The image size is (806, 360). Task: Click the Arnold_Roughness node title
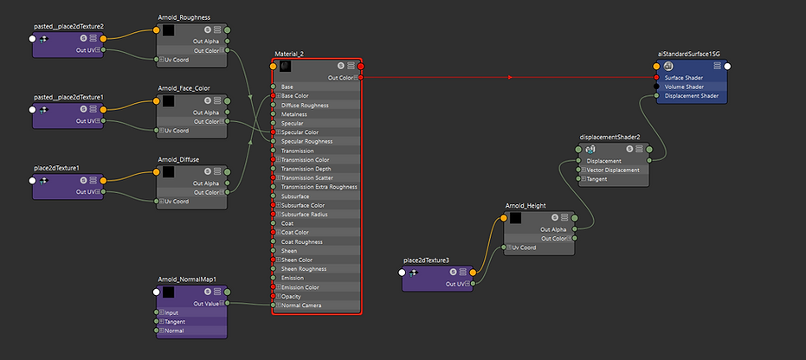(x=184, y=17)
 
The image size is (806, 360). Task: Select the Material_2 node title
(x=289, y=54)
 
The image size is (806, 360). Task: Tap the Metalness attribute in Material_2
(x=294, y=113)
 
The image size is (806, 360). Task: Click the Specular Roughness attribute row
(x=306, y=141)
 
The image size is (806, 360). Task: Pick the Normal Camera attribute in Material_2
(x=302, y=305)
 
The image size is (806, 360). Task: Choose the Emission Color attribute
(x=301, y=286)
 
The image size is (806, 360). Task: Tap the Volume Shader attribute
(x=683, y=87)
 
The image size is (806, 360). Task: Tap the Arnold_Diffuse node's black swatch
(x=168, y=171)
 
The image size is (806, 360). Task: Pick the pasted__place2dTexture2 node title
(x=68, y=27)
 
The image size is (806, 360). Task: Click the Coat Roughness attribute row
(x=303, y=241)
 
